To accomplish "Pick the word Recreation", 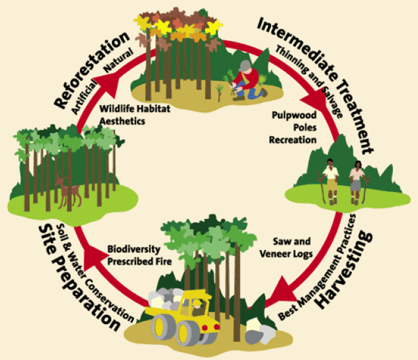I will tap(294, 140).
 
